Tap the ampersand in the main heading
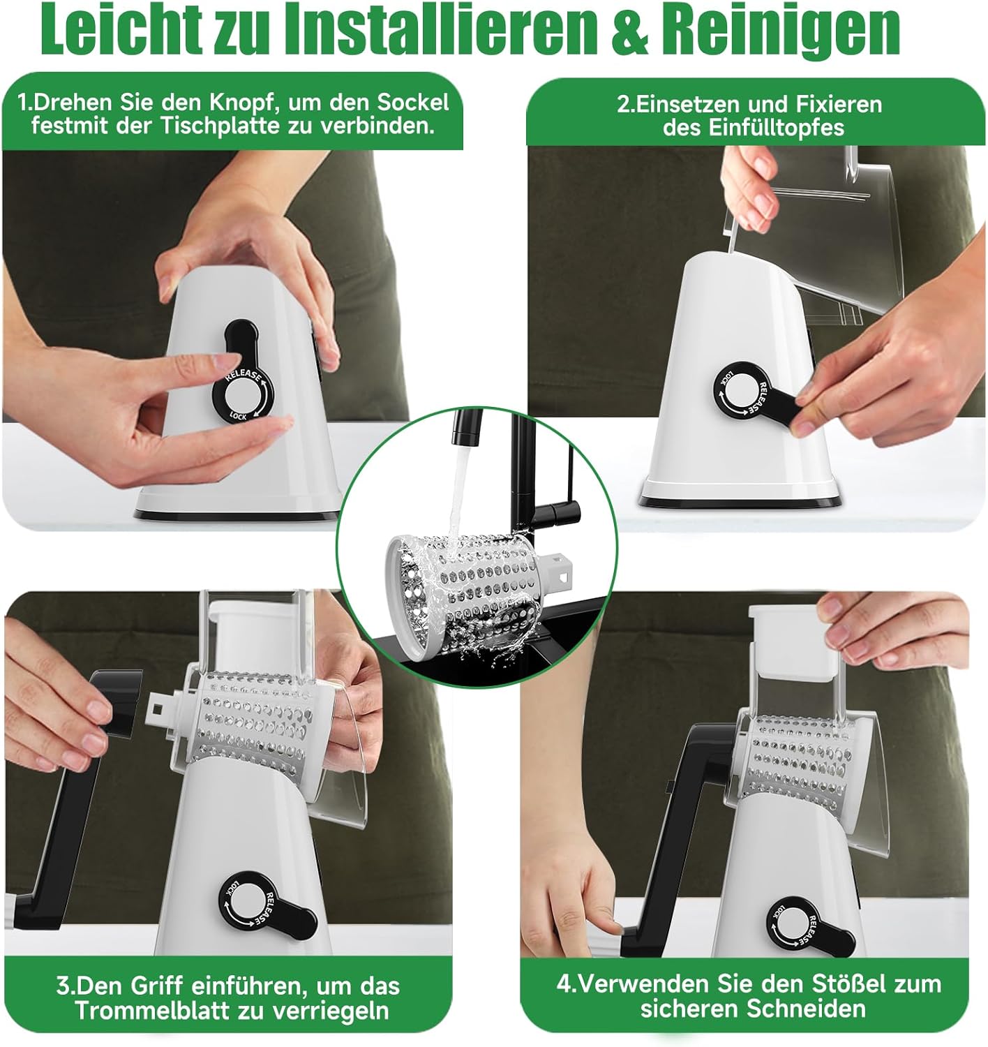point(629,29)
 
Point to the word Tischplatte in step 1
point(221,127)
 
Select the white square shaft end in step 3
point(158,706)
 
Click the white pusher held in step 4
point(793,641)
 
